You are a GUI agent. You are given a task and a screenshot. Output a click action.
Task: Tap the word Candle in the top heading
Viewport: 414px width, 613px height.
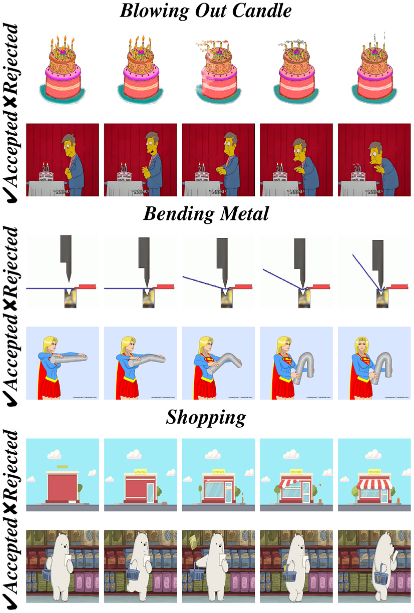click(x=265, y=11)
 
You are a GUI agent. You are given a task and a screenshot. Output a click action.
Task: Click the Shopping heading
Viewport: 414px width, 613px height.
click(x=207, y=417)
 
